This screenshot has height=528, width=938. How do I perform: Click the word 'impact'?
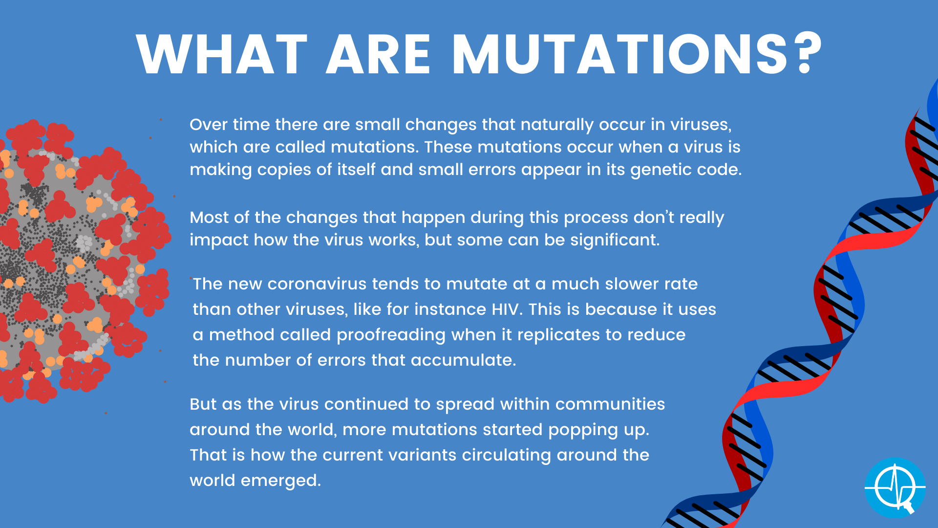219,241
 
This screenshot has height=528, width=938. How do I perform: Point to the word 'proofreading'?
391,335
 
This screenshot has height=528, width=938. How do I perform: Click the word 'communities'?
610,404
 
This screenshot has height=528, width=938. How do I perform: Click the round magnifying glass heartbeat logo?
895,488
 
